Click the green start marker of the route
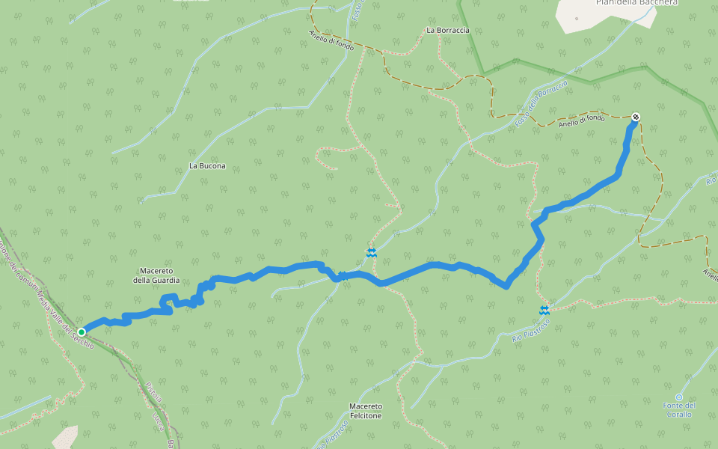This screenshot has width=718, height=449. pyautogui.click(x=82, y=332)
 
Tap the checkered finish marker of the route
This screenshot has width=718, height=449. pyautogui.click(x=636, y=117)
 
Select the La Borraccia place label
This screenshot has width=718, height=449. pyautogui.click(x=447, y=30)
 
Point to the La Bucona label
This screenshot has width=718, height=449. pyautogui.click(x=207, y=165)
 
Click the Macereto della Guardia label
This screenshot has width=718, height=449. pyautogui.click(x=156, y=275)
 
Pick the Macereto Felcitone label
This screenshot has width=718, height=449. pyautogui.click(x=365, y=411)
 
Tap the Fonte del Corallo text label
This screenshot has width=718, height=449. pyautogui.click(x=679, y=409)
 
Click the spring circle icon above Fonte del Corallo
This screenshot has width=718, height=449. pyautogui.click(x=679, y=397)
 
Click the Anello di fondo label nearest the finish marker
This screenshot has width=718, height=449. pyautogui.click(x=581, y=120)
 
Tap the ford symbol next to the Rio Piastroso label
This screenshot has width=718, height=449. pyautogui.click(x=544, y=309)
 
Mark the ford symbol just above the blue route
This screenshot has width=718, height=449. pyautogui.click(x=372, y=253)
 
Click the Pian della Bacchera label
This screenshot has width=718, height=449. pyautogui.click(x=636, y=2)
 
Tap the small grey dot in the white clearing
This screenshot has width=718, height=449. pyautogui.click(x=576, y=18)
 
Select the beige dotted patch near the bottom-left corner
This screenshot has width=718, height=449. pyautogui.click(x=66, y=437)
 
